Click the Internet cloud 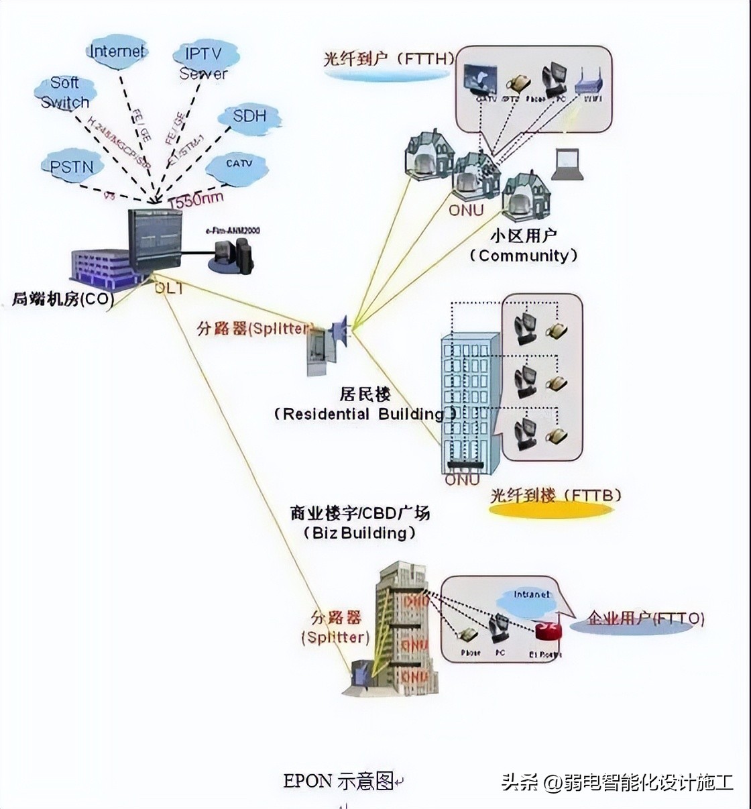(117, 52)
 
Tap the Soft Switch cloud (64, 93)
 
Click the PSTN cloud (72, 166)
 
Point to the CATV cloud (238, 164)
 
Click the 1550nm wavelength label (196, 199)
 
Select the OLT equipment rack (155, 239)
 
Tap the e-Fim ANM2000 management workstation (232, 256)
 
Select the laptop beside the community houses (567, 164)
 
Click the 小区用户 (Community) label (524, 246)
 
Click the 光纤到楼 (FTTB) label (555, 496)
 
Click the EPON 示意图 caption (339, 781)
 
